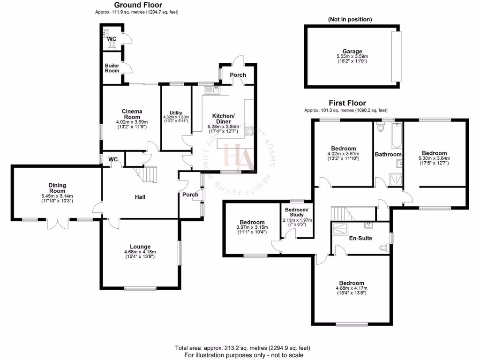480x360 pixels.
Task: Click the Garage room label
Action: click(x=352, y=52)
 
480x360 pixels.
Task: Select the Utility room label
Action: click(x=176, y=113)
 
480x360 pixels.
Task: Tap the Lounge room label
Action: click(x=141, y=247)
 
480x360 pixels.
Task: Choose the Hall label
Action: click(x=139, y=197)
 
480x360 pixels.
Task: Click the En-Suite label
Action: click(x=360, y=238)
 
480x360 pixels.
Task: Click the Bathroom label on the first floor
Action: click(x=388, y=154)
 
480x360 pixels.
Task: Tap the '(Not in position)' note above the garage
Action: click(x=350, y=19)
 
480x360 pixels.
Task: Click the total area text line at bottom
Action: click(x=242, y=348)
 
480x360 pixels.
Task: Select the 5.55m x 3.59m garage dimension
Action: click(x=352, y=57)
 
